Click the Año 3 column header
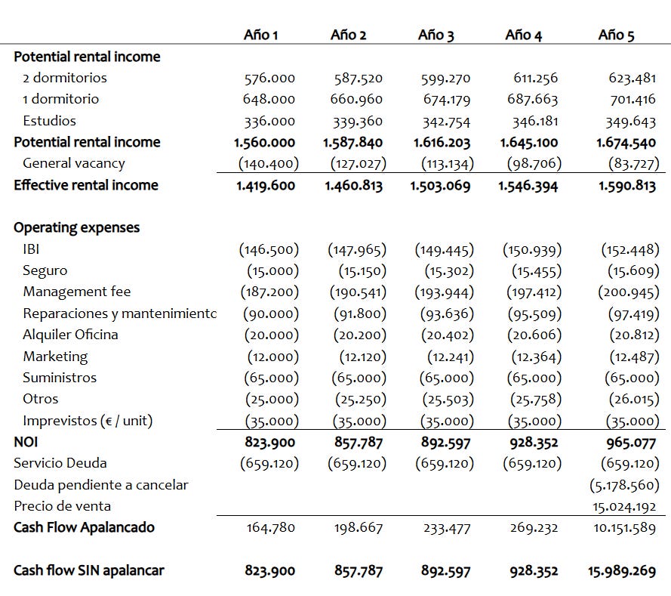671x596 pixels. tap(436, 35)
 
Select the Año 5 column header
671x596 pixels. tap(616, 35)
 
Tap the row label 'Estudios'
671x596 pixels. tap(49, 120)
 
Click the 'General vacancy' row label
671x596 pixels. tap(74, 163)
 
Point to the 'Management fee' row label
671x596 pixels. tap(76, 292)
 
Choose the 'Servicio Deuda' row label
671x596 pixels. tap(60, 463)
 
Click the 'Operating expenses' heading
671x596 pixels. tap(76, 227)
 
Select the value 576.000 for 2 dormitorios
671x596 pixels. tap(269, 78)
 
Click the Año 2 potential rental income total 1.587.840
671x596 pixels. tap(353, 142)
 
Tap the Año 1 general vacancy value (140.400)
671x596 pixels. tap(269, 163)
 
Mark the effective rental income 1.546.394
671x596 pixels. tap(528, 185)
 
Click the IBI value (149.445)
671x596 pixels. tap(445, 249)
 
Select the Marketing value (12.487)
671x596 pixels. tap(630, 357)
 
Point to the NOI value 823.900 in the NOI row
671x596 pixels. tap(269, 442)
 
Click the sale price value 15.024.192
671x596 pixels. tap(625, 507)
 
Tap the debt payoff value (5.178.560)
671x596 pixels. tap(624, 485)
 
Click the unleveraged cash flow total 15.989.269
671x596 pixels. tap(622, 571)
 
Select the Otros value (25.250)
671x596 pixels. tap(359, 399)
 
